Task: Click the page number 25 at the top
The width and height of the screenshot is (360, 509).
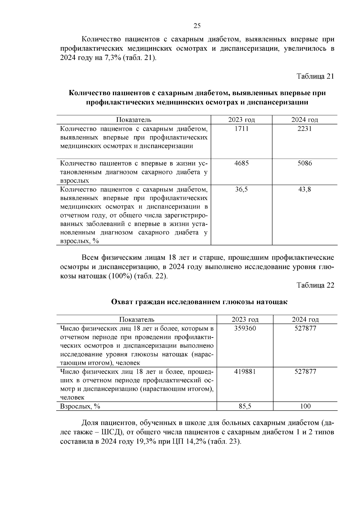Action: click(x=197, y=26)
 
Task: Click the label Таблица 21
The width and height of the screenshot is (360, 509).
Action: click(x=315, y=76)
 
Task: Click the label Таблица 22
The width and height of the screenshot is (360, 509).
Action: click(x=315, y=285)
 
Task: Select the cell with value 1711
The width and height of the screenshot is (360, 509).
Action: click(x=241, y=129)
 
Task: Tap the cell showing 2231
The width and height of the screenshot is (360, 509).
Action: click(x=304, y=129)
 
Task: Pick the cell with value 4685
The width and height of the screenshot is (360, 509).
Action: click(x=241, y=163)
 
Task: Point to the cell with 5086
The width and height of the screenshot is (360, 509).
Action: click(x=304, y=163)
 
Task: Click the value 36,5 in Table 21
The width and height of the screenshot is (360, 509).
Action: click(x=241, y=190)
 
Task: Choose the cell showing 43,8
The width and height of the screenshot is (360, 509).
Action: click(x=304, y=190)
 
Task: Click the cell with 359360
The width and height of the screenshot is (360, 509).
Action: click(x=245, y=328)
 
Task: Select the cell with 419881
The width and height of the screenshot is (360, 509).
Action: click(x=245, y=372)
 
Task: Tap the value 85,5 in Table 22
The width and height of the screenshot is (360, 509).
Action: click(x=245, y=406)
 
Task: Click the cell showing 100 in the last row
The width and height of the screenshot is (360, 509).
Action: click(x=305, y=406)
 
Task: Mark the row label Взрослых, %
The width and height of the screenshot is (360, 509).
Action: click(x=80, y=406)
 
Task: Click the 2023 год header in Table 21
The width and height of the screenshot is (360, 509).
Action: click(x=241, y=120)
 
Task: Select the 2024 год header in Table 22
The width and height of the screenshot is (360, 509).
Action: click(x=305, y=319)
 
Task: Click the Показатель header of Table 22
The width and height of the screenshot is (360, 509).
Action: click(x=137, y=319)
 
